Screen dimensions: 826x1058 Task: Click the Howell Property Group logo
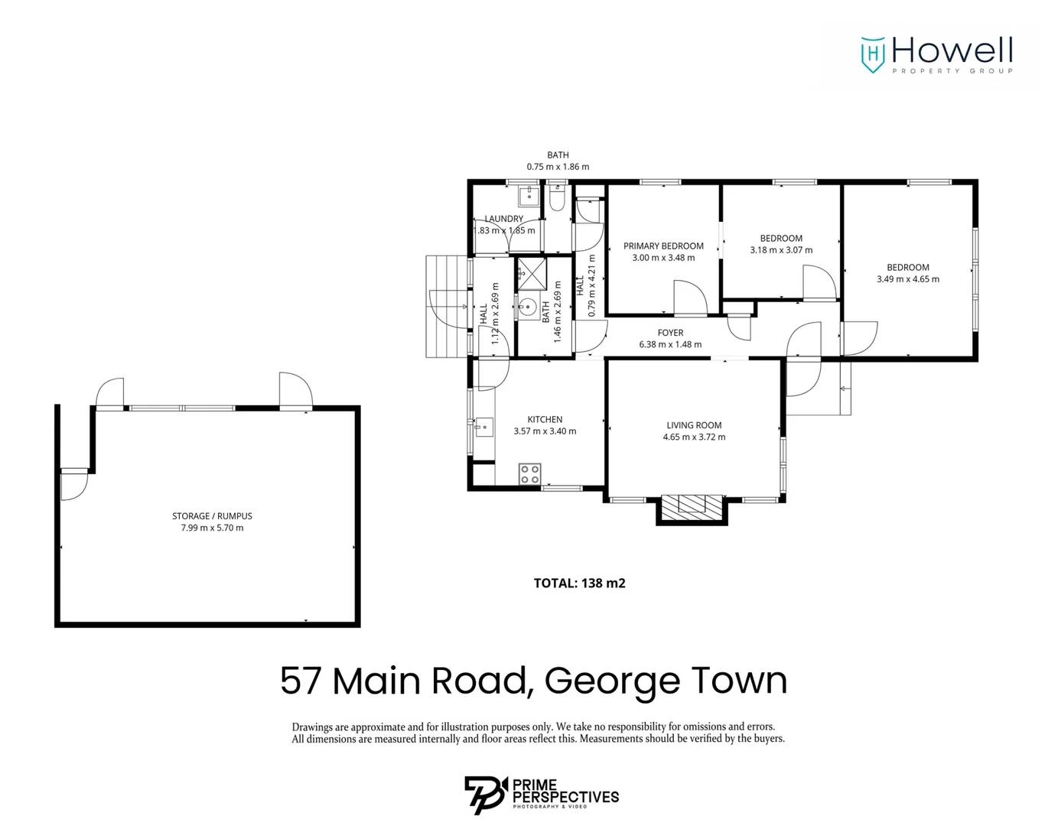936,54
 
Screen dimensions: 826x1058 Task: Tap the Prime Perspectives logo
541,795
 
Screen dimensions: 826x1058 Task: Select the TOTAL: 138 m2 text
579,584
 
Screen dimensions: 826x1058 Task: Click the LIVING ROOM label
693,425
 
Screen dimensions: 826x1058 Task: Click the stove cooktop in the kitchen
529,473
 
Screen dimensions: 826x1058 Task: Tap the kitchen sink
483,426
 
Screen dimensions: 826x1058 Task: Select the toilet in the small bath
557,200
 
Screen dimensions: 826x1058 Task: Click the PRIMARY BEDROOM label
662,246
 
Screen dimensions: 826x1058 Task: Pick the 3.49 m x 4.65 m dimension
907,279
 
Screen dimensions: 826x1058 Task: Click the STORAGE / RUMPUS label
212,516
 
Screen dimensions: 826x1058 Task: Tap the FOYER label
670,333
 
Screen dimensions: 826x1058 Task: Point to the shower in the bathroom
532,272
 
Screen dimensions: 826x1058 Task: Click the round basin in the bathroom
527,307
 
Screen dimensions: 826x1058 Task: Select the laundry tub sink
529,197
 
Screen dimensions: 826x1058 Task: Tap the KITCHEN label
545,420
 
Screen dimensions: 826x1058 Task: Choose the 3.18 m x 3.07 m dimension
781,250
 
